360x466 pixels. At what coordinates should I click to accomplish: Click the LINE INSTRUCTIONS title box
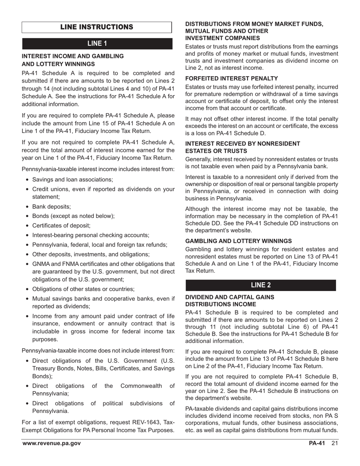click(x=97, y=27)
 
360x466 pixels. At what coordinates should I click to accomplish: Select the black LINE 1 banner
click(x=97, y=44)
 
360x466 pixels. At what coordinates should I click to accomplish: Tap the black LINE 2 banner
click(x=261, y=285)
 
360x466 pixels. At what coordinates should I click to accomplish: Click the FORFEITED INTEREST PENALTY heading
click(x=232, y=78)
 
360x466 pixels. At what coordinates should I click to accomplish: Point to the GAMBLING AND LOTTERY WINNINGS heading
click(x=238, y=241)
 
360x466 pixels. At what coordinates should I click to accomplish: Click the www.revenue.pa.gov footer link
click(x=52, y=444)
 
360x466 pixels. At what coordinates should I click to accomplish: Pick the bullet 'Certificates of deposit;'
click(x=61, y=225)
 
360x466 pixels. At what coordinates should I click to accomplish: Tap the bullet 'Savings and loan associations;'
click(x=72, y=180)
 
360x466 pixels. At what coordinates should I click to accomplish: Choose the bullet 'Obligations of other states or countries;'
click(x=83, y=289)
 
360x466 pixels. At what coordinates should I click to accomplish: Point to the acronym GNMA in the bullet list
click(x=41, y=264)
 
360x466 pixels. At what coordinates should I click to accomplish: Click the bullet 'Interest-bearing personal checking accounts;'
click(x=91, y=235)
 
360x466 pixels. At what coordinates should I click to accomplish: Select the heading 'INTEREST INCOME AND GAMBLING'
click(x=73, y=56)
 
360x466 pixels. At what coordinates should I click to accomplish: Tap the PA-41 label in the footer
click(x=317, y=444)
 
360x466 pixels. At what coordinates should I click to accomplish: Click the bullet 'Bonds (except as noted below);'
click(x=74, y=216)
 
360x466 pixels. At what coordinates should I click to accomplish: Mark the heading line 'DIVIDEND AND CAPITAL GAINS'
click(x=230, y=297)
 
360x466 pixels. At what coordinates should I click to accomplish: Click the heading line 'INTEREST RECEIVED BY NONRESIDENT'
click(x=243, y=144)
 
